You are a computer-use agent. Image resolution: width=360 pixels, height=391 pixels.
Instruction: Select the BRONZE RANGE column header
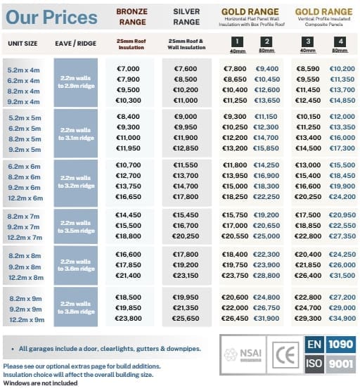(131, 16)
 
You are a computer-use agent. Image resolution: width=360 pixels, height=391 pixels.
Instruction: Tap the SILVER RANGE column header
(188, 16)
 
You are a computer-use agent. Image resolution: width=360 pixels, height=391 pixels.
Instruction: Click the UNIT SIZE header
(23, 44)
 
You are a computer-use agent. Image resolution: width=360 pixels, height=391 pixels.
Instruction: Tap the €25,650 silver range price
(188, 319)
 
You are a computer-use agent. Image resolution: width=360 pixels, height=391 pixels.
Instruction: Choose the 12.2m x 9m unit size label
(25, 319)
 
